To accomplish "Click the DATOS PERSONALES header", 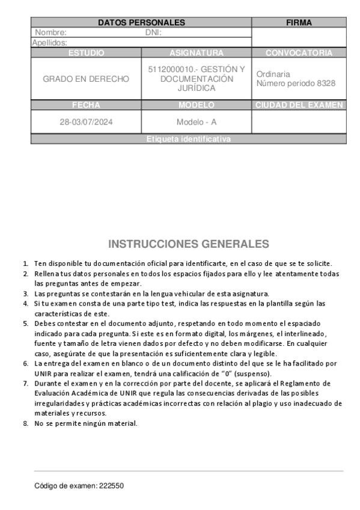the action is pos(141,22).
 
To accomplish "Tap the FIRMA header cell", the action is pos(299,22).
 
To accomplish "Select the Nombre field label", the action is pos(50,32).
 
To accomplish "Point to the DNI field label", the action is pos(154,32).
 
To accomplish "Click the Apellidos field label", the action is pos(49,43).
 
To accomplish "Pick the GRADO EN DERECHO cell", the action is pos(86,79).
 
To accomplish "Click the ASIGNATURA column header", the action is pos(197,53).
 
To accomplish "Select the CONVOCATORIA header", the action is pos(299,53).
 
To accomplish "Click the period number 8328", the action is pos(325,84).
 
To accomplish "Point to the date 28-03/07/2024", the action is pos(86,122).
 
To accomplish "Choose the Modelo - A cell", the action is pos(197,122).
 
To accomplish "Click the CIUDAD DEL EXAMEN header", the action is pos(299,105).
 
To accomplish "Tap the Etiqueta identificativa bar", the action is pos(189,139).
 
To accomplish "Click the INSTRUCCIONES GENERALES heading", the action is pos(189,244).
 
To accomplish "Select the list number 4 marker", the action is pos(26,304).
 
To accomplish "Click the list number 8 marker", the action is pos(26,423).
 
